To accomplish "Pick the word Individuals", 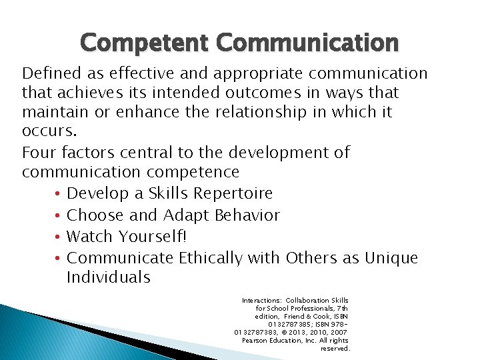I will click(109, 277).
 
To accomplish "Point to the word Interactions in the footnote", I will click(263, 301).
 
